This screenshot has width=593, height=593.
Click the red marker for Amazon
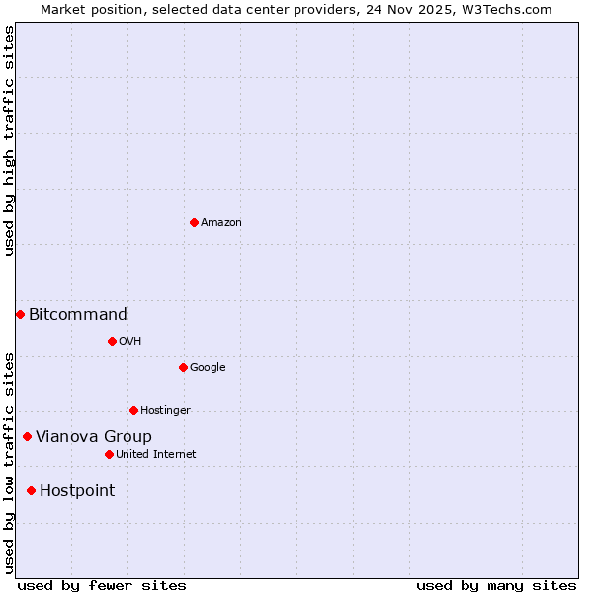[x=194, y=222]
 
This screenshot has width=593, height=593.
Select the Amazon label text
[x=221, y=223]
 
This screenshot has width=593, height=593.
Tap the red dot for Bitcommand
[x=20, y=314]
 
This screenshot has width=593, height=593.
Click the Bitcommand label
[x=78, y=315]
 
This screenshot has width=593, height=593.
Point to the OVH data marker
[x=112, y=341]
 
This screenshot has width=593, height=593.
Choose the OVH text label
[x=129, y=342]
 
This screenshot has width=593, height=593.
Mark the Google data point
[x=183, y=367]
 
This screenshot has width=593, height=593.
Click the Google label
[x=208, y=368]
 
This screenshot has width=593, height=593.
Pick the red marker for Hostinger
[x=133, y=410]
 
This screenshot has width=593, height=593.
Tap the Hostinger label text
[x=165, y=411]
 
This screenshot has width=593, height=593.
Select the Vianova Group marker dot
[x=27, y=436]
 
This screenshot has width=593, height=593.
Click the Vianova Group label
[x=94, y=437]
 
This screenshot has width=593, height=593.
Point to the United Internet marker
[x=109, y=454]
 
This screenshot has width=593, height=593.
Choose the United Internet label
[x=156, y=455]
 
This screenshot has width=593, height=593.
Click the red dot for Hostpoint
[x=31, y=490]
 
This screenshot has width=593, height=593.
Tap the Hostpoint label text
[x=77, y=491]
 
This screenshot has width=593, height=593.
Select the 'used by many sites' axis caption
[x=496, y=585]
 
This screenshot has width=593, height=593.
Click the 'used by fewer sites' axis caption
[x=102, y=585]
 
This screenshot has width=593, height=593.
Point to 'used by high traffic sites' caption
[x=9, y=140]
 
